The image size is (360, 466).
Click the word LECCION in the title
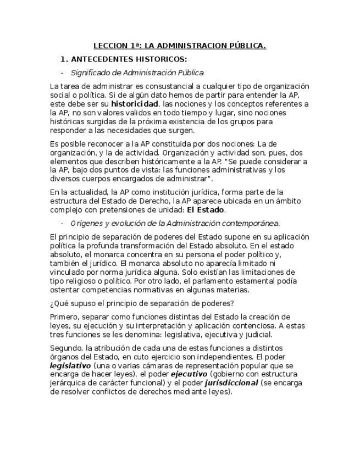coord(109,46)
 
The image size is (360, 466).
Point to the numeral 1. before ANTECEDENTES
coord(64,59)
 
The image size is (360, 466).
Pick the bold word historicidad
coord(135,104)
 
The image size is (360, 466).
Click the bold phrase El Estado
coord(206,210)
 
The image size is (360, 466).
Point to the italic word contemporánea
coord(252,223)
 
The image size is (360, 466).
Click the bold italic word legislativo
coord(70,365)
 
